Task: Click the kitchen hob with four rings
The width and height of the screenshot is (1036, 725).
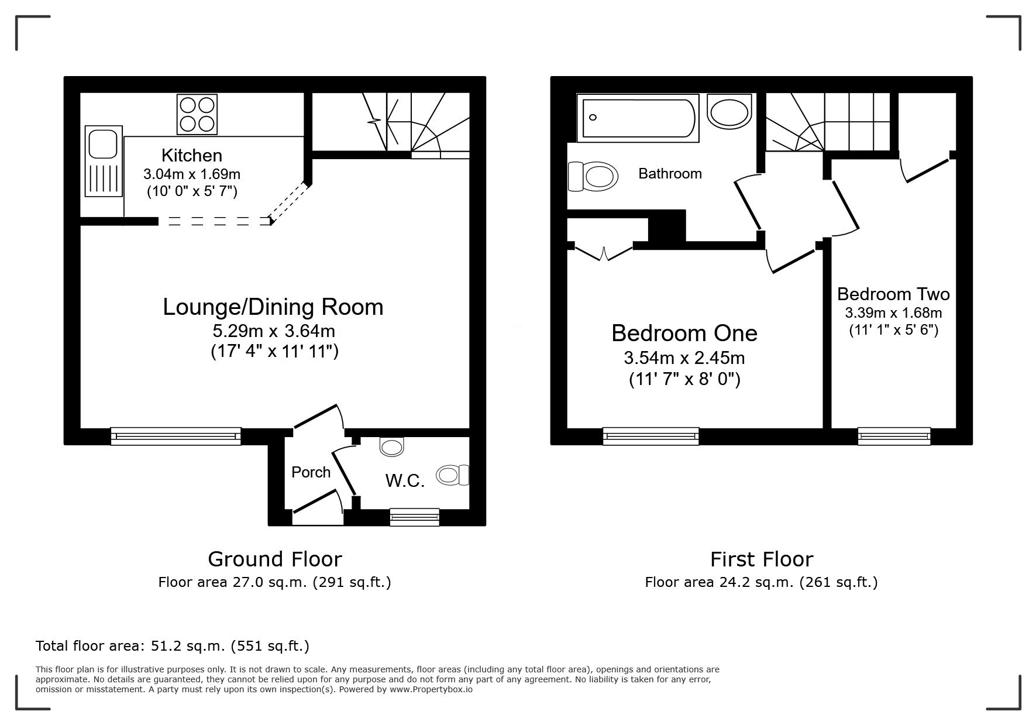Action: click(197, 114)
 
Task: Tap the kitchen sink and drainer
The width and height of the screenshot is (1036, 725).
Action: click(104, 162)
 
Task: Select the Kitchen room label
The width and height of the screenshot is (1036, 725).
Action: click(192, 155)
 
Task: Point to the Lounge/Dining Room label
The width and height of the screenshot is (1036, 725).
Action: click(273, 307)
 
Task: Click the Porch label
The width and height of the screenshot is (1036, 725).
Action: click(311, 472)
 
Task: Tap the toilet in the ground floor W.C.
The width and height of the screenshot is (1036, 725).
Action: click(453, 475)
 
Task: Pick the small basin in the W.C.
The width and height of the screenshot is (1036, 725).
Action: click(391, 446)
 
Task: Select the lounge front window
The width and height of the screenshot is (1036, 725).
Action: click(175, 437)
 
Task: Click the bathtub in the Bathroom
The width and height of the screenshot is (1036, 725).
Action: click(636, 118)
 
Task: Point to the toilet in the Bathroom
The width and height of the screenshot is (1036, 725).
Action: click(593, 177)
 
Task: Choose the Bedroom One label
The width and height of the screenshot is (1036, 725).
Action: click(684, 333)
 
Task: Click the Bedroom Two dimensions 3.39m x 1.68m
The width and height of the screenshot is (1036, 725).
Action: click(894, 313)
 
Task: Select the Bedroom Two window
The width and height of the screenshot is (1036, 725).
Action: click(894, 437)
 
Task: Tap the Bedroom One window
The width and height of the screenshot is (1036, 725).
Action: click(650, 437)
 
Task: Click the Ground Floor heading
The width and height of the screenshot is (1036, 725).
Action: click(275, 559)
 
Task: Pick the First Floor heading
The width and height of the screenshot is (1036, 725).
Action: click(762, 559)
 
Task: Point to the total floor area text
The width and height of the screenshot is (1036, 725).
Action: click(173, 646)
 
